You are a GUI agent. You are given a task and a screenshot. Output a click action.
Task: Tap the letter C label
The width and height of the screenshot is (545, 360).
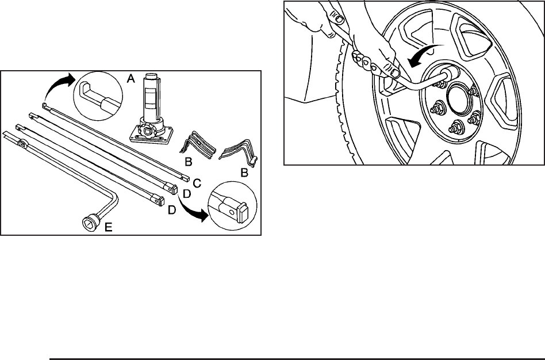click(197, 183)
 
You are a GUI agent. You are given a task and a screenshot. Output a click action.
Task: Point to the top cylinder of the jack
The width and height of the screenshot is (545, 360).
click(152, 78)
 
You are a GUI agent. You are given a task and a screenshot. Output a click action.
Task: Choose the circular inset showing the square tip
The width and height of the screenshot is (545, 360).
click(232, 210)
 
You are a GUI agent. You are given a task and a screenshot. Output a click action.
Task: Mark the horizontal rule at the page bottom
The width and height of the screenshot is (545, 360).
click(297, 359)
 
